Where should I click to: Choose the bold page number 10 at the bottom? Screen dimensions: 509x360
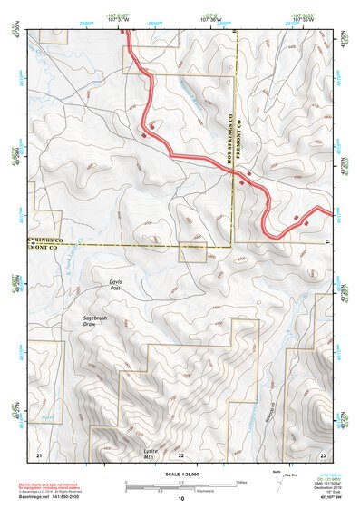(x=181, y=499)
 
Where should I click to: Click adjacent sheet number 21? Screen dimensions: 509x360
(x=39, y=454)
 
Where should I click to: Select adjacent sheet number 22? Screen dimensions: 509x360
(x=181, y=454)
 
